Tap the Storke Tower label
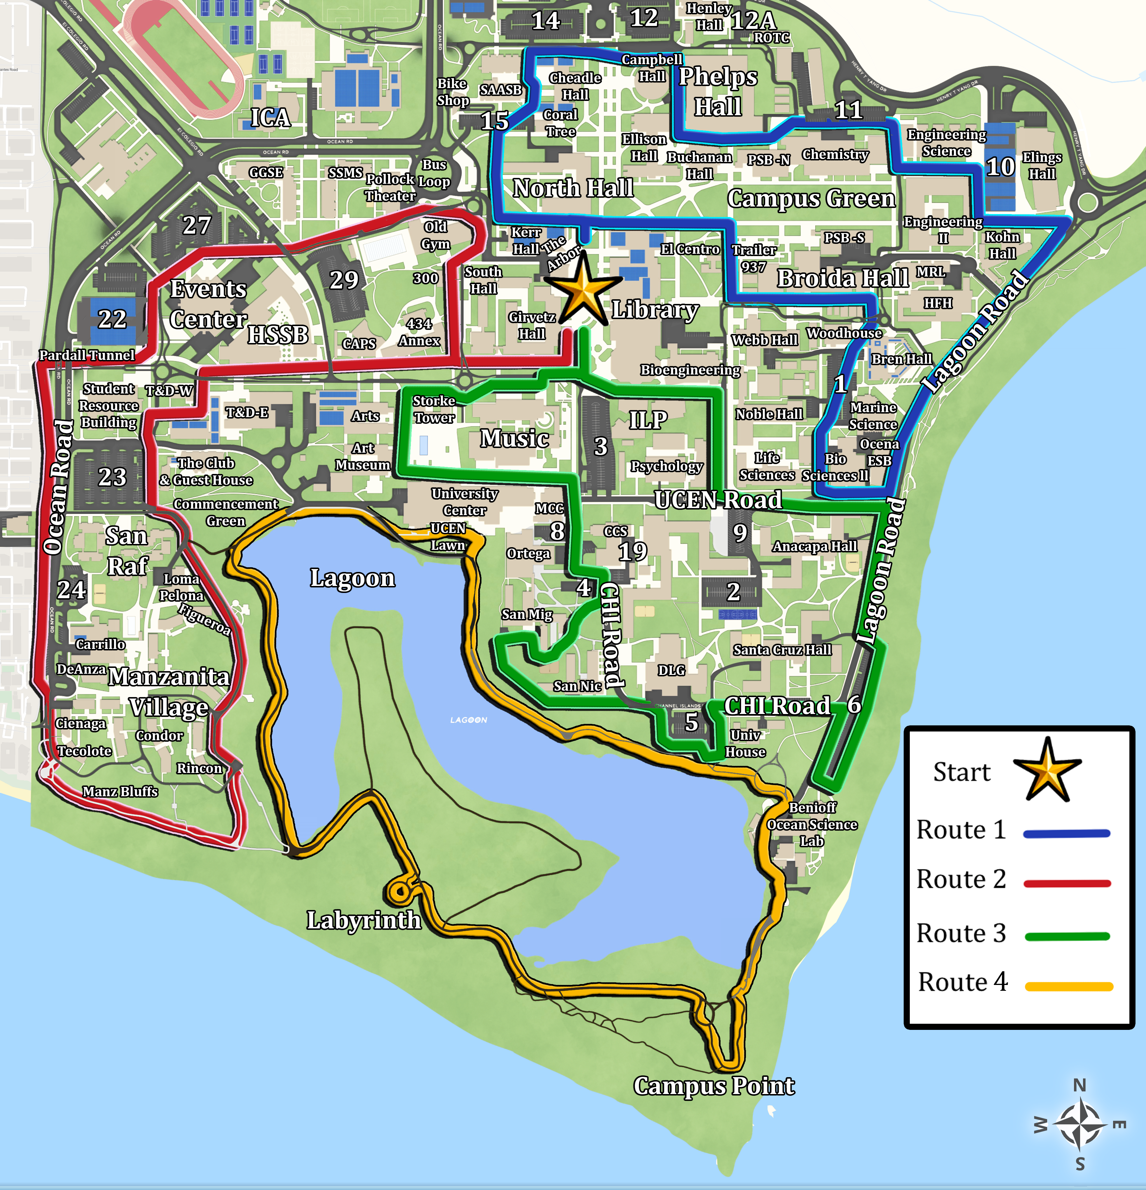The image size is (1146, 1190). click(434, 409)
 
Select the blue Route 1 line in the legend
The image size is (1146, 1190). click(1066, 834)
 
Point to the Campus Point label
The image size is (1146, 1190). click(714, 1086)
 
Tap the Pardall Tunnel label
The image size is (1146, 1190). click(87, 355)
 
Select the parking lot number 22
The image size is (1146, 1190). click(112, 319)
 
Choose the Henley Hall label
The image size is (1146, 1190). click(709, 16)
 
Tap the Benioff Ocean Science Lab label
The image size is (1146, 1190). click(812, 824)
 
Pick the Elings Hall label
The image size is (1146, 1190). click(1042, 165)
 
